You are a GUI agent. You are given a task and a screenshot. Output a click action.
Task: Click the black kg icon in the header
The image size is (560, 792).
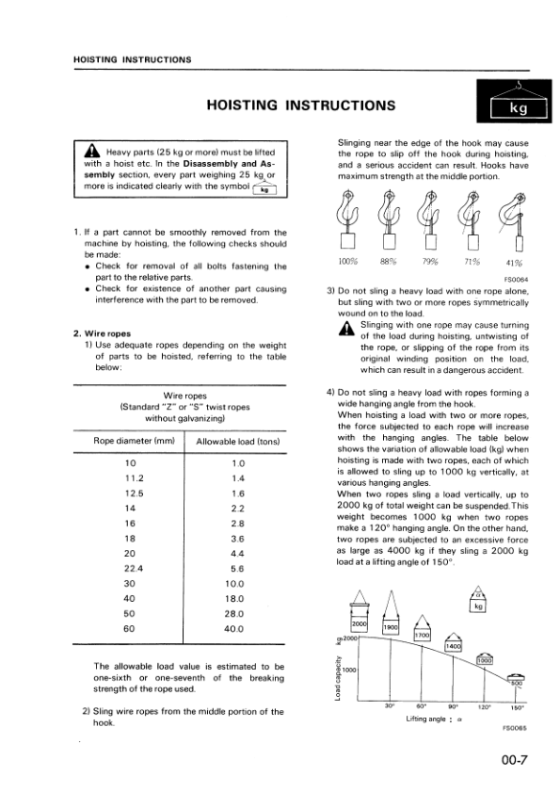pos(517,103)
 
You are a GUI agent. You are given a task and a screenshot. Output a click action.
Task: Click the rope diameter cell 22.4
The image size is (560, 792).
pos(131,568)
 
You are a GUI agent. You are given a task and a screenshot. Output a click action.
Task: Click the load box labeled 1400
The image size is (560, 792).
pos(455,647)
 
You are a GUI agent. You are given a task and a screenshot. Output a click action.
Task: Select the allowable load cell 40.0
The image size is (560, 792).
pos(237,628)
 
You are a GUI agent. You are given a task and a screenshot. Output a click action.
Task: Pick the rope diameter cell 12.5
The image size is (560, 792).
pos(131,493)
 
